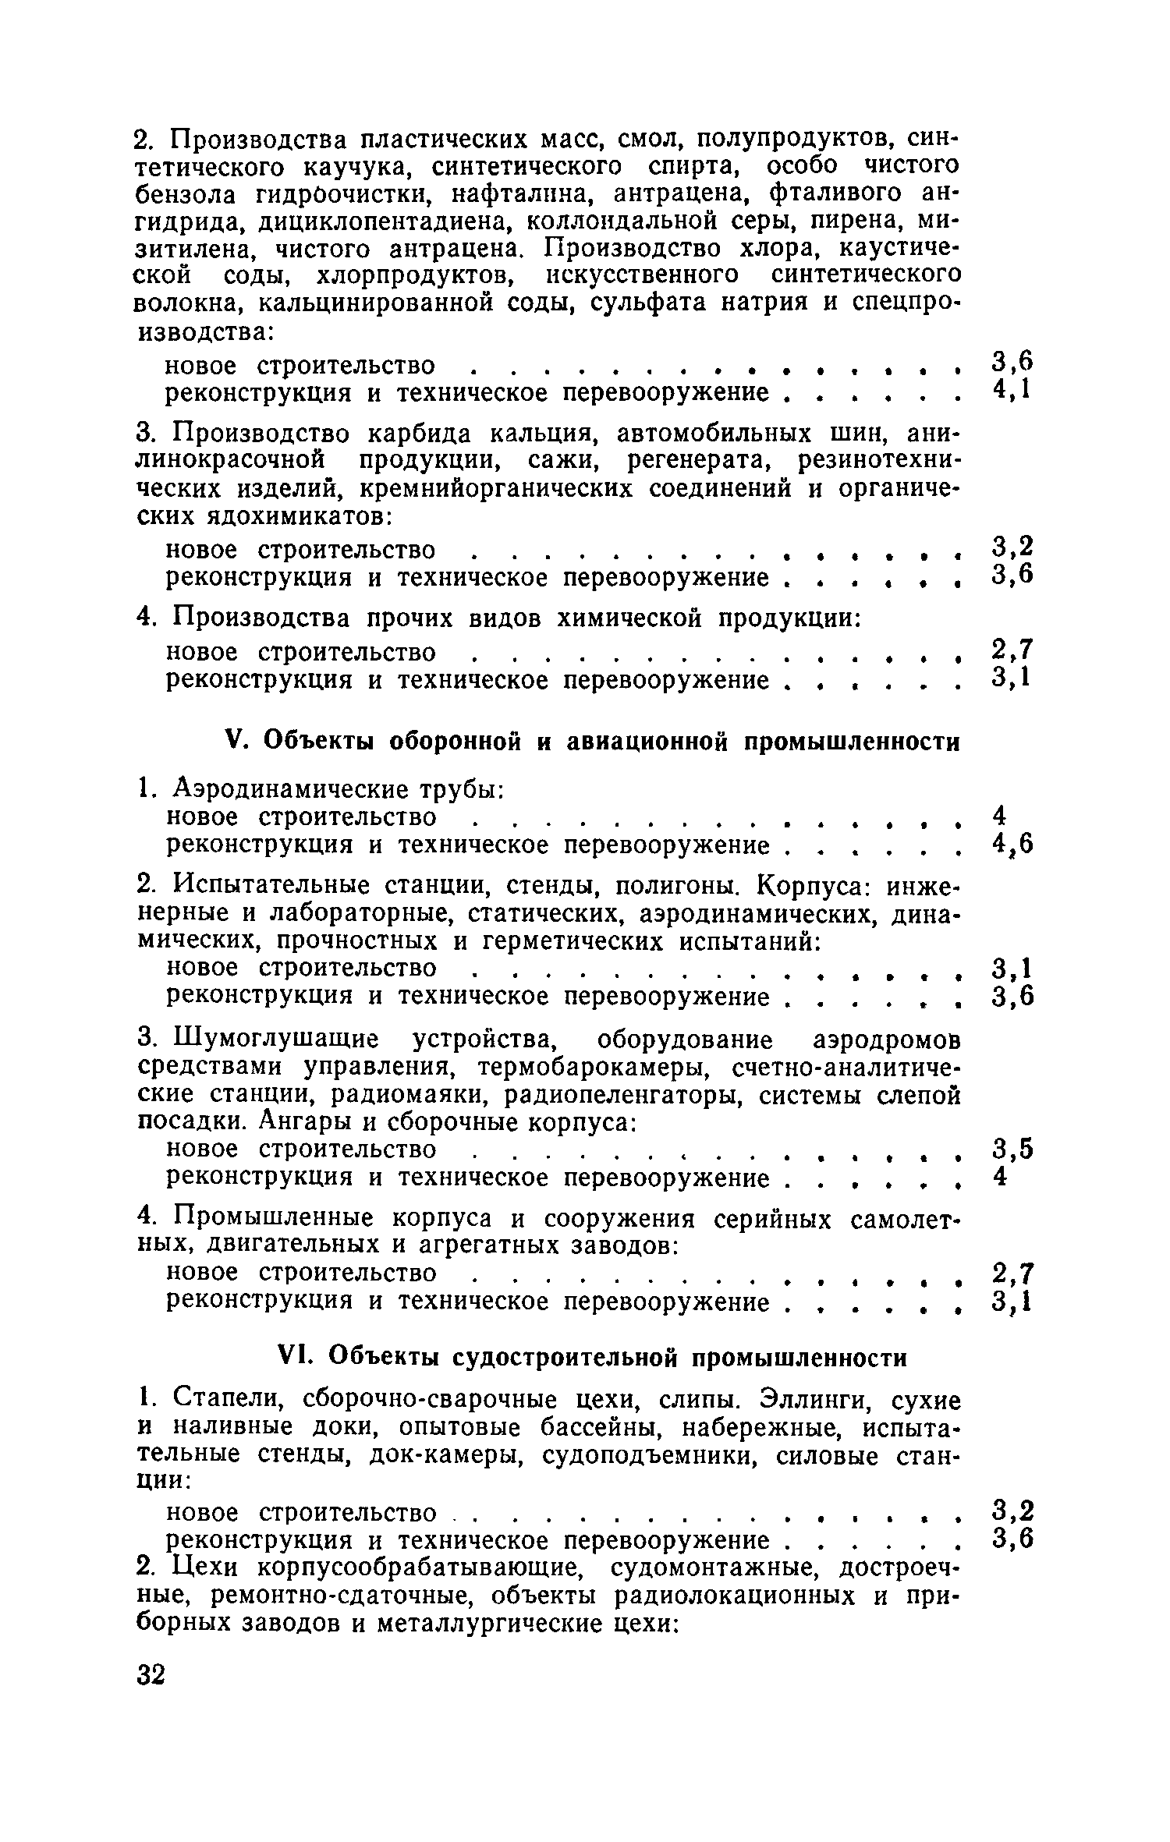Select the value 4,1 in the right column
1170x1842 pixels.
1012,388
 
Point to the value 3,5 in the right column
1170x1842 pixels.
1012,1149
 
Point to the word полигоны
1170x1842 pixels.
687,886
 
